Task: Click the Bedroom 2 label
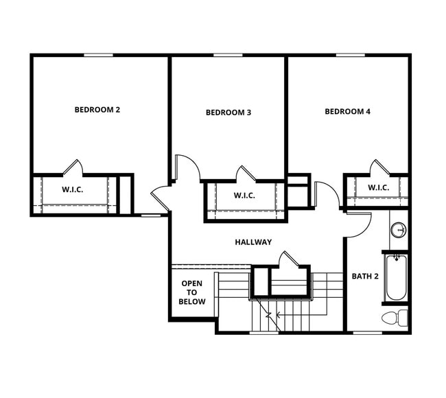(97, 109)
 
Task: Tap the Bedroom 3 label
(228, 113)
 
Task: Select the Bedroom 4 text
(347, 111)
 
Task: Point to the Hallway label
(253, 242)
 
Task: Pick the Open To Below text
(192, 292)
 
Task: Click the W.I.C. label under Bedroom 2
(73, 189)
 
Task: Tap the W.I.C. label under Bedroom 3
(244, 196)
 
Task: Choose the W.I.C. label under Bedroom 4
(378, 187)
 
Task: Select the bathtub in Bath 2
(396, 277)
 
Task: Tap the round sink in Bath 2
(398, 230)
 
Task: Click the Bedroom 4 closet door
(379, 168)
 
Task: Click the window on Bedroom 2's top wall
(99, 55)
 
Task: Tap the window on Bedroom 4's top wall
(350, 55)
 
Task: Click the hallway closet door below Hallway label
(289, 259)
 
